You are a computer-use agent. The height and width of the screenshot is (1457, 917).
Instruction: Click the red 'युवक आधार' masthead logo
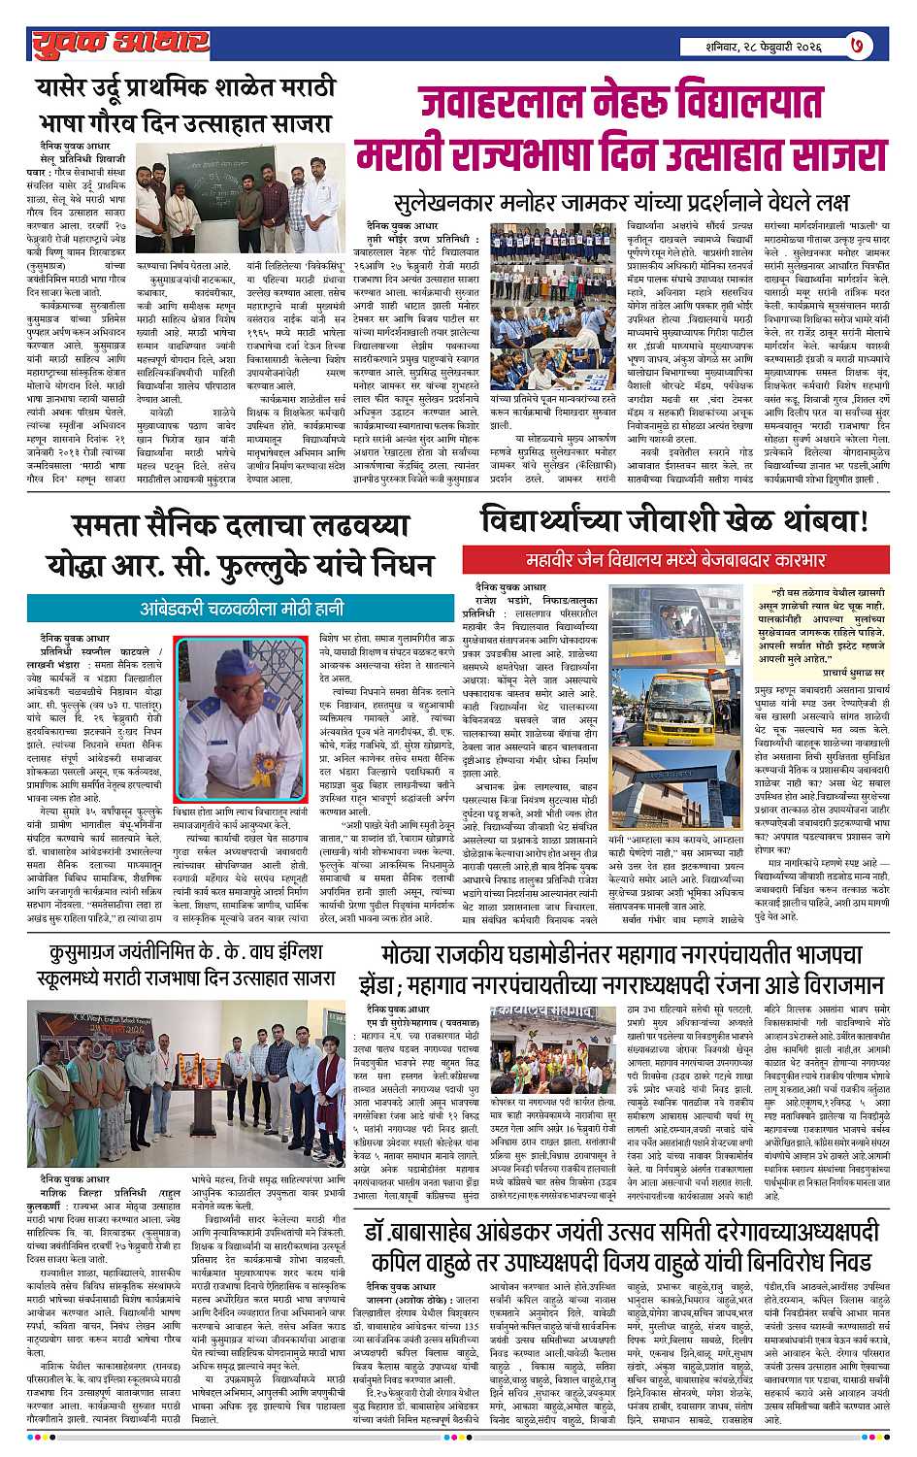(119, 42)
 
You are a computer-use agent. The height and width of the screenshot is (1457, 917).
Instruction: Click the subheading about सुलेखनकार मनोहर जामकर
(621, 204)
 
